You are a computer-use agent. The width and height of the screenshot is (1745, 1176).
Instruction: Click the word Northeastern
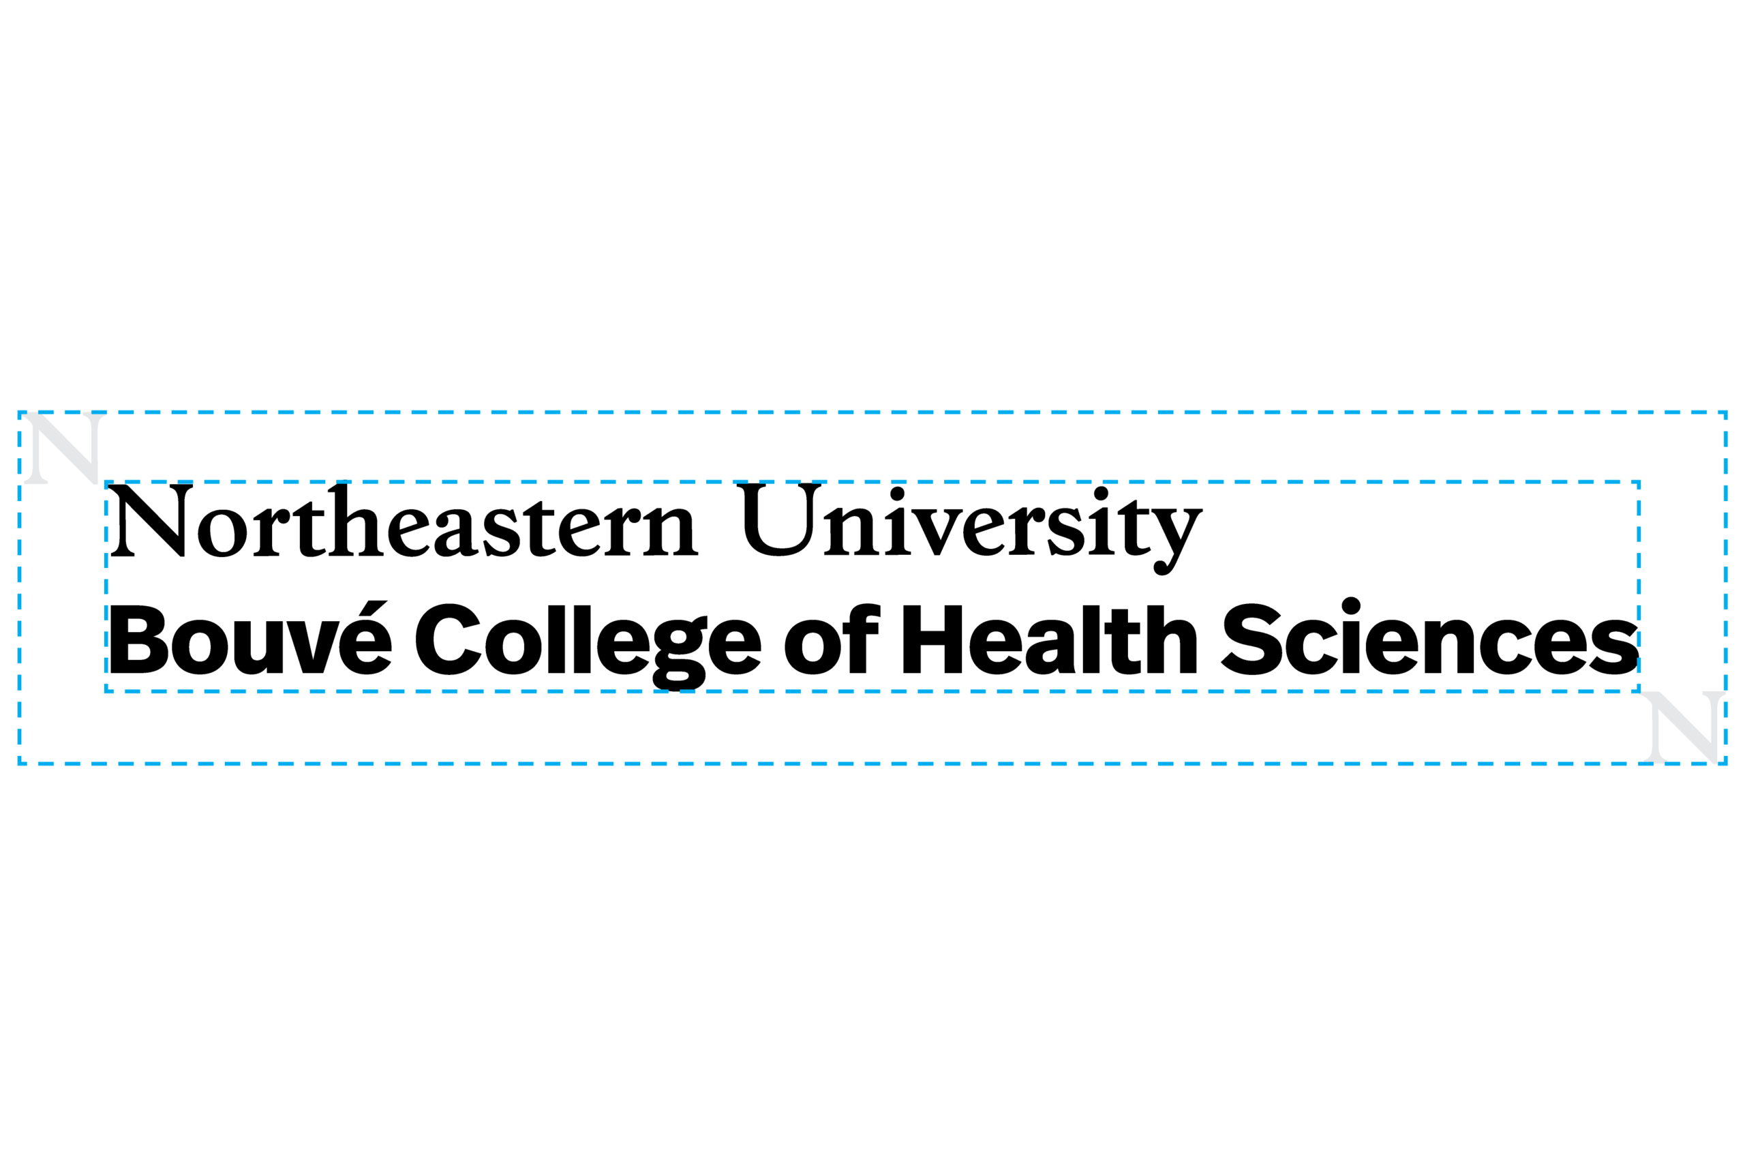[x=404, y=519]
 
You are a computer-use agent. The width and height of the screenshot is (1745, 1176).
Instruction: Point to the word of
[x=832, y=638]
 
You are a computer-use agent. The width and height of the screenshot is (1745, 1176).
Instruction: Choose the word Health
[x=1050, y=639]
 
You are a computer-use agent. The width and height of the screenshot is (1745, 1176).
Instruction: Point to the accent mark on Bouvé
[x=373, y=608]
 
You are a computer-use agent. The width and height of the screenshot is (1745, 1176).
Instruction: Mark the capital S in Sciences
[x=1251, y=639]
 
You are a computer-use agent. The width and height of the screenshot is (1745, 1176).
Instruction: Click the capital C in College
[x=449, y=639]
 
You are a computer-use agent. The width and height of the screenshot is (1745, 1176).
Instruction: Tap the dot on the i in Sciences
[x=1351, y=606]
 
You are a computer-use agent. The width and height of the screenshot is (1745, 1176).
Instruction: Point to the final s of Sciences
[x=1613, y=646]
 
